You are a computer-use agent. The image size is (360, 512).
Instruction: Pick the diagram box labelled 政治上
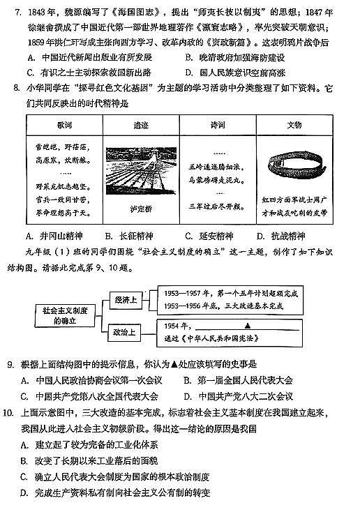126,332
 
